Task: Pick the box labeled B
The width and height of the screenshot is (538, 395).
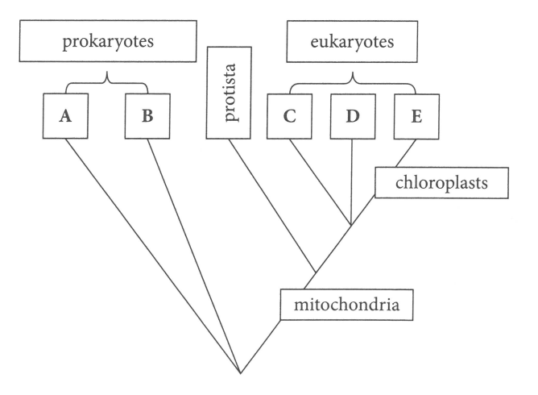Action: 147,115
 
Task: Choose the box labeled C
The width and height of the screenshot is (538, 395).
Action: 290,115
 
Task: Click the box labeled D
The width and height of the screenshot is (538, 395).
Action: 353,115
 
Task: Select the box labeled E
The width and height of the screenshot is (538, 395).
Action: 416,115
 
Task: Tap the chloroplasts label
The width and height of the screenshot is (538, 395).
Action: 442,185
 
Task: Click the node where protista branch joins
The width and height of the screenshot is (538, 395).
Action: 315,272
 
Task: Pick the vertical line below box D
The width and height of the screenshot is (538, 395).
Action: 353,181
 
